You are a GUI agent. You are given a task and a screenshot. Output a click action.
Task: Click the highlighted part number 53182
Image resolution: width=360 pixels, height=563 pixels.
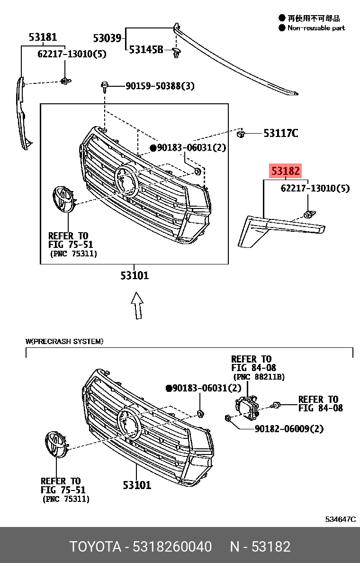click(x=285, y=171)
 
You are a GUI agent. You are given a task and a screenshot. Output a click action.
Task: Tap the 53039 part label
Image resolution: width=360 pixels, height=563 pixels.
click(x=107, y=38)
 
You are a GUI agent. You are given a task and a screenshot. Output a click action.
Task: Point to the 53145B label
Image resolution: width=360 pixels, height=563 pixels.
click(x=146, y=50)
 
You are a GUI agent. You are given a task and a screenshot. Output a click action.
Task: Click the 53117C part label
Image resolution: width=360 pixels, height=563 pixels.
click(x=280, y=133)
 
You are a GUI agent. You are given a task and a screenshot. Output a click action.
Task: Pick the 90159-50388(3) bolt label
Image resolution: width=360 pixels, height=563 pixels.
click(x=160, y=86)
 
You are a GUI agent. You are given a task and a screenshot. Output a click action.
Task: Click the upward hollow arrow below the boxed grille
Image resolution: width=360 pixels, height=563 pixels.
click(x=137, y=306)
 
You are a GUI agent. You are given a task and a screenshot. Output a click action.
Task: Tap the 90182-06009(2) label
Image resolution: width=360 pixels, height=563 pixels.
click(x=289, y=428)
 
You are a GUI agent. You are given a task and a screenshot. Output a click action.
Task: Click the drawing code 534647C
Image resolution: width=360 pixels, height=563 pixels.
click(x=340, y=519)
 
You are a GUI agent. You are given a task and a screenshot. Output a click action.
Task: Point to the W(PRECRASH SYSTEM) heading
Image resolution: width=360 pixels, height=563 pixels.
click(x=64, y=341)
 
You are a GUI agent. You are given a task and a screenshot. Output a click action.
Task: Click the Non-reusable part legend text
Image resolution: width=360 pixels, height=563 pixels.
click(x=316, y=28)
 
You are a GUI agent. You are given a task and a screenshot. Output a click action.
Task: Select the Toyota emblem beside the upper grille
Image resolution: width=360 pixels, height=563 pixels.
click(x=62, y=199)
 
